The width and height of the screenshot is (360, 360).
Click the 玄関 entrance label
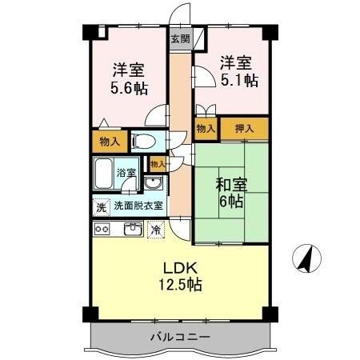coord(180,38)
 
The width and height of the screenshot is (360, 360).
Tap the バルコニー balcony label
coord(180,338)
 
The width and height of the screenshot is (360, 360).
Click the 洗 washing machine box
coord(101,206)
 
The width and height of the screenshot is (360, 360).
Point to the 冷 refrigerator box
coord(154,230)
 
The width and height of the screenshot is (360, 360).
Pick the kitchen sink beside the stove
coord(132,229)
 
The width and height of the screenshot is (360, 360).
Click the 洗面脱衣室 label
coord(138,206)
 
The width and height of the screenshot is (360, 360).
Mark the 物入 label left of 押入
coord(206,128)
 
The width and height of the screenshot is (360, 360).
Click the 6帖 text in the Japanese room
coord(231,202)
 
